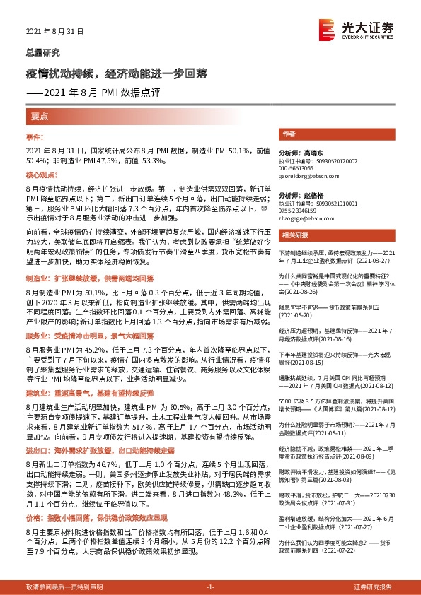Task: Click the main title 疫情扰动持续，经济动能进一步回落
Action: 117,74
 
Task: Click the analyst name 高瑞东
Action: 311,153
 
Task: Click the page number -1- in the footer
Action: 210,587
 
